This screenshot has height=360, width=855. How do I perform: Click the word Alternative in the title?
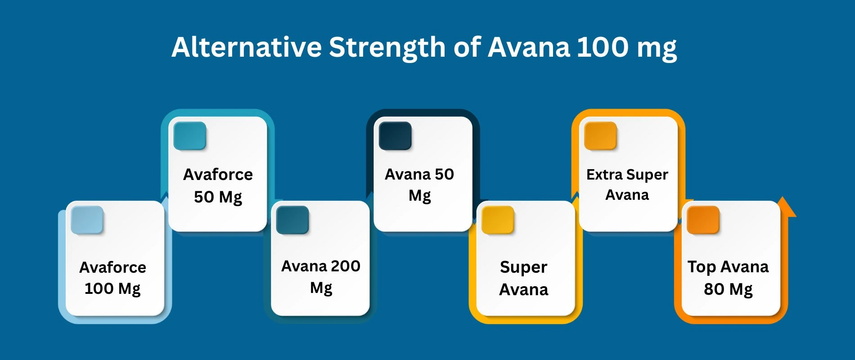pos(247,47)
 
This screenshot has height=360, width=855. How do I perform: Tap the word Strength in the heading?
pos(387,48)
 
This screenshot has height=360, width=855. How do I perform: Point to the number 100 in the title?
pos(603,47)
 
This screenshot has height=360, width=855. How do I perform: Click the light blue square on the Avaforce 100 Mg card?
pos(87,220)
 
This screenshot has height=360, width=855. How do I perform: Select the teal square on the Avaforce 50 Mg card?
pos(190,135)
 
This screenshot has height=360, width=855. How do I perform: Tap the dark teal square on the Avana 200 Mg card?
pos(292,220)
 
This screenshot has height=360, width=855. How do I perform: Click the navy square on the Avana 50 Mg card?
pos(395,135)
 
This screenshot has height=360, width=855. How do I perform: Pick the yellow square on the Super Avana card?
pos(498,220)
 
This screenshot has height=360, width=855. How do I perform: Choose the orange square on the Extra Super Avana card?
pos(600,135)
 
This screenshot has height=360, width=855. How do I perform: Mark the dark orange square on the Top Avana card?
pos(703,220)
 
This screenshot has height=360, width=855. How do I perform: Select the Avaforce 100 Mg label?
pos(113,278)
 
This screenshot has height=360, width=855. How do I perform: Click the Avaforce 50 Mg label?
pos(218,185)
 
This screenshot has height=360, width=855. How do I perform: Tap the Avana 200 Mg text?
pos(321,277)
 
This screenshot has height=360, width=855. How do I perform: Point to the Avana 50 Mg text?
pos(419,184)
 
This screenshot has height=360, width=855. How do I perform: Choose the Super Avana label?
pos(524,278)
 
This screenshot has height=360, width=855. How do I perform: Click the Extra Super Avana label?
pos(627,184)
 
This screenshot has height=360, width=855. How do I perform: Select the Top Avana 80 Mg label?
pos(728,278)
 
